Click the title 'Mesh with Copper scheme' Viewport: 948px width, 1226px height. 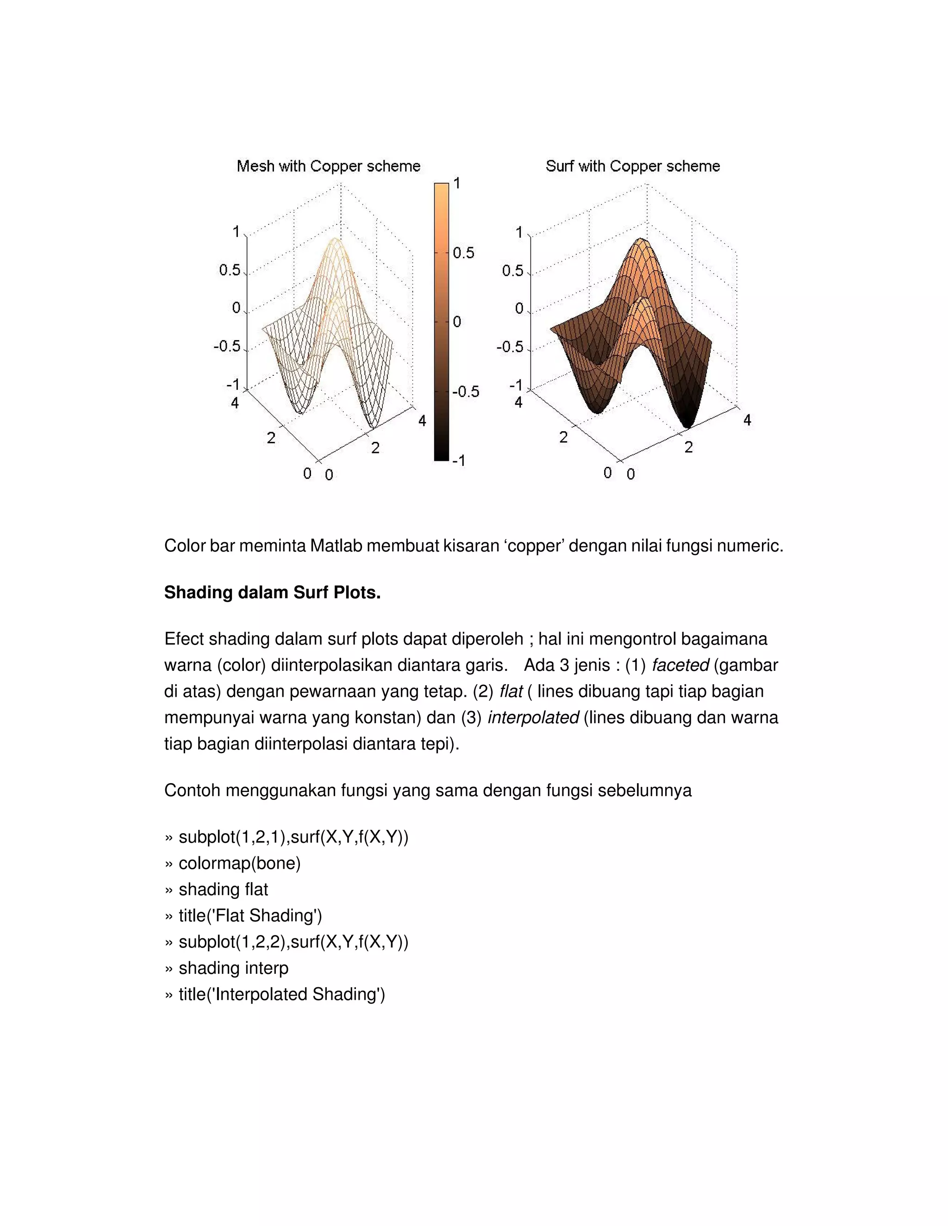pos(329,166)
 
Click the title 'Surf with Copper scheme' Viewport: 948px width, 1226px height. pos(632,166)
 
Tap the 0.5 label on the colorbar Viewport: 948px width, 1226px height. pos(463,253)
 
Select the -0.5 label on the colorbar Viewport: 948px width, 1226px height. pos(466,391)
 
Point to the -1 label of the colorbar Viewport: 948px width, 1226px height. pos(459,461)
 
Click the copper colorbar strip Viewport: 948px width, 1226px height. pos(442,322)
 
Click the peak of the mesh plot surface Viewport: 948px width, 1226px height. pos(335,240)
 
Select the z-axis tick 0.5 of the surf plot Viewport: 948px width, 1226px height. pos(512,271)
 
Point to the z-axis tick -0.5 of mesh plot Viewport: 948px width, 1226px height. pos(227,347)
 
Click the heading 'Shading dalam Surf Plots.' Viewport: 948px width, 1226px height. pos(272,592)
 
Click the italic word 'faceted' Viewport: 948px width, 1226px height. pos(680,665)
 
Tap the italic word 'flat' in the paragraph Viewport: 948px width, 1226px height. pos(511,692)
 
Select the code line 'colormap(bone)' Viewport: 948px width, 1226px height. pos(239,863)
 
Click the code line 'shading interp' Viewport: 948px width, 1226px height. pos(233,968)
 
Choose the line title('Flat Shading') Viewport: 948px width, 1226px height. pos(250,916)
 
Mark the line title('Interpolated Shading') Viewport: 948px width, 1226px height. pos(281,994)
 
